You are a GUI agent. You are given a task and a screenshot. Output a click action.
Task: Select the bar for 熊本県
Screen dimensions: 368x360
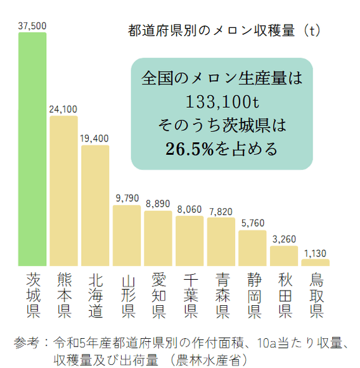click(x=63, y=190)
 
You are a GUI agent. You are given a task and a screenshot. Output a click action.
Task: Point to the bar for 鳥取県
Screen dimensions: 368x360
click(x=315, y=262)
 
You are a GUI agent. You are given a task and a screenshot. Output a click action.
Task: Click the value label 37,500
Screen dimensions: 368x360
click(x=32, y=25)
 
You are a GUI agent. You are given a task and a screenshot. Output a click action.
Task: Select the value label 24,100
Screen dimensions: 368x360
click(x=63, y=108)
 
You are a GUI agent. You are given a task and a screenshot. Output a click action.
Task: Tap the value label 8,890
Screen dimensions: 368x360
click(x=158, y=204)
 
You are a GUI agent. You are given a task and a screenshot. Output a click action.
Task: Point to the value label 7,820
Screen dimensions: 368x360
click(x=221, y=211)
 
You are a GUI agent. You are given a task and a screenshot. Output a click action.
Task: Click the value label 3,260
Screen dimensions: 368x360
click(x=283, y=239)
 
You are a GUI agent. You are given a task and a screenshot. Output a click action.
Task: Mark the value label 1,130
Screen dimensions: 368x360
click(x=315, y=253)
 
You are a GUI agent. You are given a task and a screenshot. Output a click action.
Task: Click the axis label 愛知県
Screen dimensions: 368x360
click(x=158, y=295)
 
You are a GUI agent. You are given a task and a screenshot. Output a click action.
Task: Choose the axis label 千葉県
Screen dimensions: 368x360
click(x=190, y=295)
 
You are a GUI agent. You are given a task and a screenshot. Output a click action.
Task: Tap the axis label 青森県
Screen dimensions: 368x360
click(x=221, y=295)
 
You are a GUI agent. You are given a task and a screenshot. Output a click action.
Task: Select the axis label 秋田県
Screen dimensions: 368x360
click(x=283, y=295)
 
